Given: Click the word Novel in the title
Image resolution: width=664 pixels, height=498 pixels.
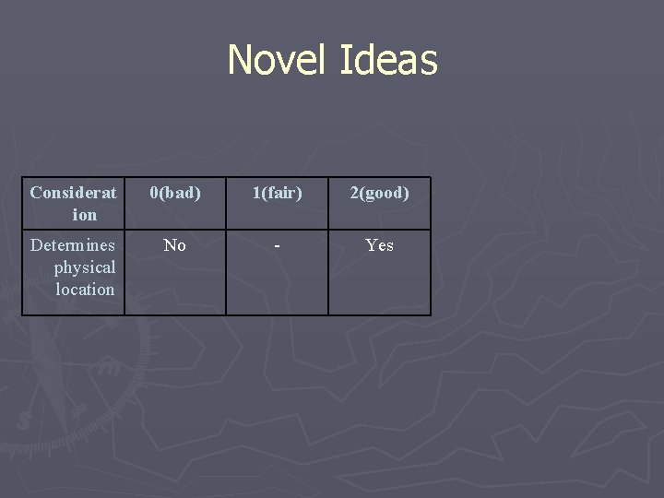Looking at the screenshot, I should [x=279, y=60].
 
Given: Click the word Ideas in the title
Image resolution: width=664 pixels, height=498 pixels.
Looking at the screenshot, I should [x=388, y=60].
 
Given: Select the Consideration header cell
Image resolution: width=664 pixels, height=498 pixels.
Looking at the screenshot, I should [x=74, y=203].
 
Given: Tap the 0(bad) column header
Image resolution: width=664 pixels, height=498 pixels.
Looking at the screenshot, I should [x=175, y=193].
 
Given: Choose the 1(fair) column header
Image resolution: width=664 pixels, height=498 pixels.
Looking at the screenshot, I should [x=278, y=193].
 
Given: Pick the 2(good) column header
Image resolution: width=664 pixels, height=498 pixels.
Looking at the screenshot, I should [x=379, y=193].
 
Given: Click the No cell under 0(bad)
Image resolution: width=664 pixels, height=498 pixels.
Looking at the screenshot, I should [x=174, y=245].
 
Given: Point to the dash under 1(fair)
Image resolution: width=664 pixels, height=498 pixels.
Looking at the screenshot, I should [x=278, y=246].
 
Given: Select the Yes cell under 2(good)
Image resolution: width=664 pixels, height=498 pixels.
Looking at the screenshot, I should [x=379, y=245].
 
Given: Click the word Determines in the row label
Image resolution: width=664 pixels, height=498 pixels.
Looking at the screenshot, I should [x=73, y=245].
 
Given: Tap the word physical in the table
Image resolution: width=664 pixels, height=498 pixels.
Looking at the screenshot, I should [x=84, y=267].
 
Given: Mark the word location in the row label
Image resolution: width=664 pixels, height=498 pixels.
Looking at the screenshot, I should [x=85, y=290].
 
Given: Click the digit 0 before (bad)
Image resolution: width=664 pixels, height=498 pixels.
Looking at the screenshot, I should [x=155, y=193].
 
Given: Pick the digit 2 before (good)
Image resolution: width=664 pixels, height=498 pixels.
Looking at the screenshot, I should [x=353, y=193].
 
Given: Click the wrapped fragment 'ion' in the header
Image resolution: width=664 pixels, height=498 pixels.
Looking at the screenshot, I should [x=84, y=215].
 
